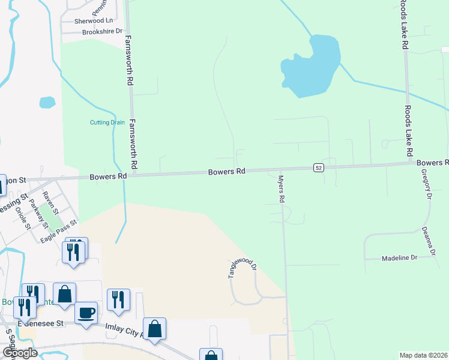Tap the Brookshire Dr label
pos(102,31)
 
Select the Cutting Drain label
pos(107,122)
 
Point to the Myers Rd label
pos(280,188)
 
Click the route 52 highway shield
pos(319,167)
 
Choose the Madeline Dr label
pos(399,258)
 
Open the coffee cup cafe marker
pos(86,312)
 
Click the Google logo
pos(19,352)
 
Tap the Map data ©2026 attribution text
pos(423,355)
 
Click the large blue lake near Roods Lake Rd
pos(312,66)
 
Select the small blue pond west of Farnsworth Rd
pos(47,103)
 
